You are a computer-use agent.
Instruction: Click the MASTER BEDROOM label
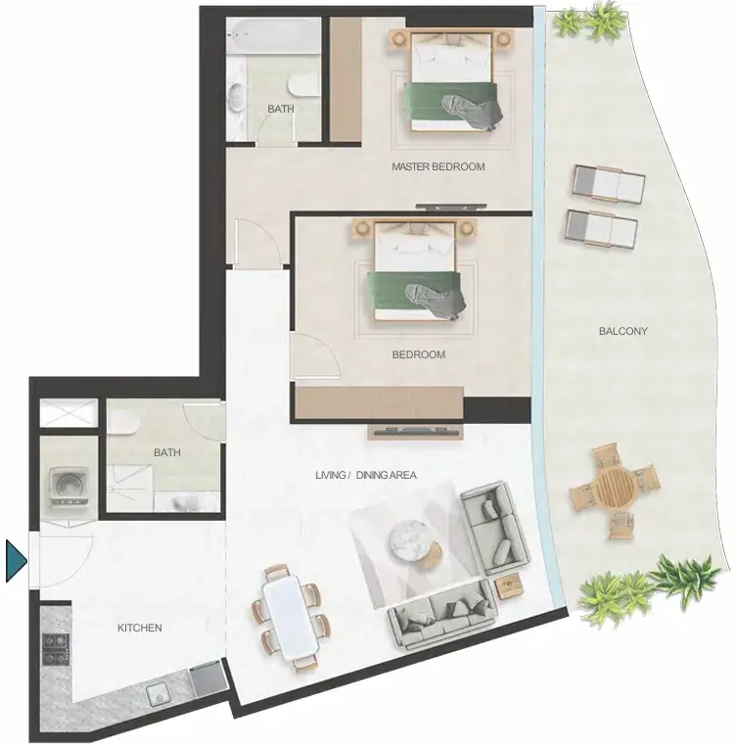(437, 166)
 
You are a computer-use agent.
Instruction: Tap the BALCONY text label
(622, 331)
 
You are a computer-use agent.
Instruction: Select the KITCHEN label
(139, 628)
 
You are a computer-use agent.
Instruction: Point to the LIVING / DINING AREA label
(366, 475)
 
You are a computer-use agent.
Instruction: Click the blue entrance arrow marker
(16, 561)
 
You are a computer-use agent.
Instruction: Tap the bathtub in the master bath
(273, 36)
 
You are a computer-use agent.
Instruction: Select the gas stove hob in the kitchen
(56, 649)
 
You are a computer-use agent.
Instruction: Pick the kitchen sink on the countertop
(160, 694)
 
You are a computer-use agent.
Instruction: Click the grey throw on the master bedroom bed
(473, 112)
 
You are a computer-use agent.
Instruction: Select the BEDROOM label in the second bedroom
(418, 354)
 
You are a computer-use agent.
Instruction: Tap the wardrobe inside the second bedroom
(379, 402)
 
